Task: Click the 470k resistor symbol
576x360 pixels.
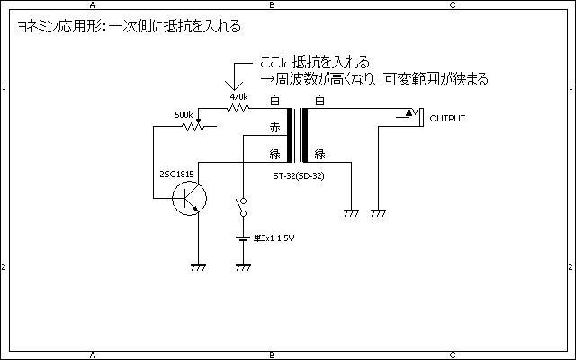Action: pyautogui.click(x=238, y=109)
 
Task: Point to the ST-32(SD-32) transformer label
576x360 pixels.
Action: pyautogui.click(x=298, y=175)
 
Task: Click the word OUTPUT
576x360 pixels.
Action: pyautogui.click(x=447, y=119)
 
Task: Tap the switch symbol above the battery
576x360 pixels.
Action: pyautogui.click(x=241, y=208)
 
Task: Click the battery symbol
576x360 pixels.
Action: pyautogui.click(x=242, y=238)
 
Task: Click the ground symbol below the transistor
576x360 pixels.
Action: pyautogui.click(x=198, y=266)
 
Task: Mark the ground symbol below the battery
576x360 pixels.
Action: pyautogui.click(x=242, y=266)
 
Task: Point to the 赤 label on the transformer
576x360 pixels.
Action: pyautogui.click(x=274, y=128)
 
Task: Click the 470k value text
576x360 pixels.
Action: pyautogui.click(x=238, y=96)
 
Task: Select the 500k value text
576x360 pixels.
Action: pyautogui.click(x=184, y=115)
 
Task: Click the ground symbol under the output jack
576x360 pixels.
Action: pyautogui.click(x=379, y=213)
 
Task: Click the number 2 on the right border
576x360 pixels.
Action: pyautogui.click(x=571, y=268)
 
